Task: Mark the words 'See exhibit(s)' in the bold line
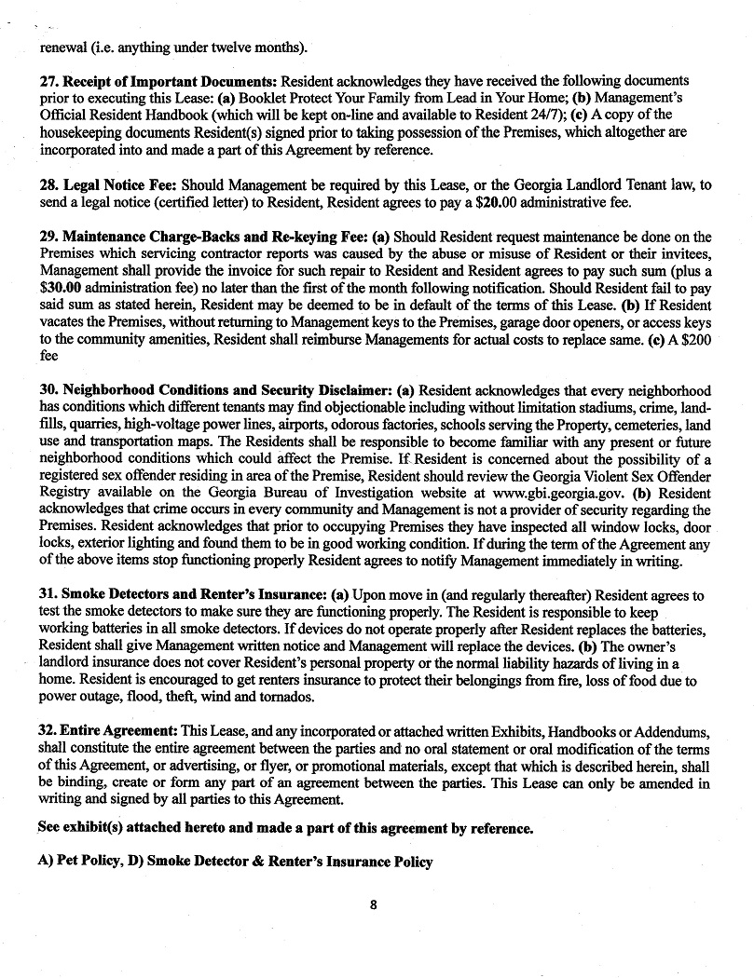[x=80, y=827]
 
